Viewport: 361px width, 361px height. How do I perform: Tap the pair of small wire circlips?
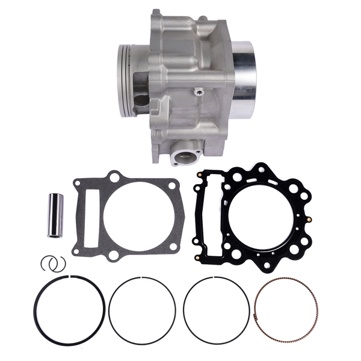tap(54, 263)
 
